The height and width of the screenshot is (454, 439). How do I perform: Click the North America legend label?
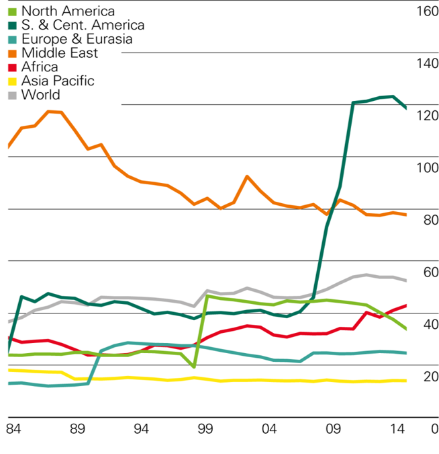pos(68,11)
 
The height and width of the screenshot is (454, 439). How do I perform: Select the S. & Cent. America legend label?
pos(83,25)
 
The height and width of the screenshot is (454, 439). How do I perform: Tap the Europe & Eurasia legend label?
pos(77,39)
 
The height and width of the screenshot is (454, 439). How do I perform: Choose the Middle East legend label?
pos(60,53)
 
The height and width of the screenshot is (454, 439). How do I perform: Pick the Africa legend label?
pos(40,67)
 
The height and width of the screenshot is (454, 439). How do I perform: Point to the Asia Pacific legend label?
pos(58,81)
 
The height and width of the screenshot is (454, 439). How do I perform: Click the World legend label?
pos(40,95)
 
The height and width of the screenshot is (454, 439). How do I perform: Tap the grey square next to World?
pos(12,96)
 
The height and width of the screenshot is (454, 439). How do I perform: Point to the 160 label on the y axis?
pos(427,11)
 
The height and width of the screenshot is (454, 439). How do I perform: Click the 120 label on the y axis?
pos(427,116)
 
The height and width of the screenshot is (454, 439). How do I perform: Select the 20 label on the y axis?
pos(430,377)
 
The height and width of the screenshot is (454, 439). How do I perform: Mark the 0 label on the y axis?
pos(434,428)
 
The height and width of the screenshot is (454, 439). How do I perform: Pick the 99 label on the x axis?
pos(205,428)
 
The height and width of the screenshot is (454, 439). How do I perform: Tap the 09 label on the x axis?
pos(334,428)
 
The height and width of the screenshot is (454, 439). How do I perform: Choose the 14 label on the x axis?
pos(398,428)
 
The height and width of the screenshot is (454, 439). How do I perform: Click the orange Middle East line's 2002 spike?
pos(247,176)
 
